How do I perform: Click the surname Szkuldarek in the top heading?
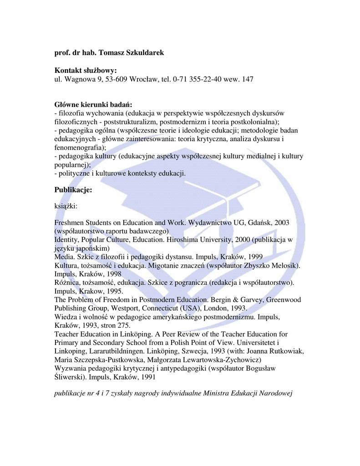[x=144, y=53]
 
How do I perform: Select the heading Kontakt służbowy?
[x=86, y=71]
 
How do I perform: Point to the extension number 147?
[x=248, y=79]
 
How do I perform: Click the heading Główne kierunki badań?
[x=93, y=105]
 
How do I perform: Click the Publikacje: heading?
[x=73, y=189]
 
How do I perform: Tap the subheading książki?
[x=66, y=206]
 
